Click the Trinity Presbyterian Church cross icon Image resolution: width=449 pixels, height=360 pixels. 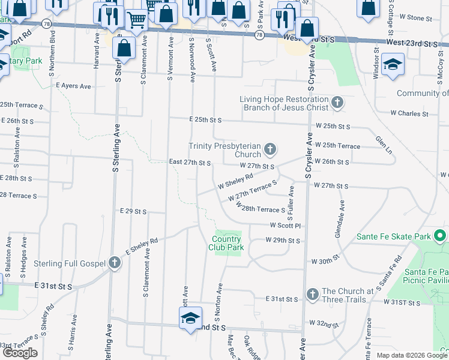tap(270, 149)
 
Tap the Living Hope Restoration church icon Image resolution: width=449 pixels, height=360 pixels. tap(337, 103)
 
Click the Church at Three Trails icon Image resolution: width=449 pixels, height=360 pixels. tap(312, 294)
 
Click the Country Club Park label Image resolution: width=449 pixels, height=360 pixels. tap(226, 243)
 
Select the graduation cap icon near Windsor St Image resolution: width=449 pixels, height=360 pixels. tap(393, 64)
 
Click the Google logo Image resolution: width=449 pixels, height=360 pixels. tap(20, 353)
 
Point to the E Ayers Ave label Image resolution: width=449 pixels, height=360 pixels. tap(73, 86)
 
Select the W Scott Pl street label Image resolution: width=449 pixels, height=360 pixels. tap(285, 226)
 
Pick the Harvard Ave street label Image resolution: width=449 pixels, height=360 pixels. tap(97, 51)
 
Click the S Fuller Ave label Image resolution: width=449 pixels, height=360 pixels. tap(291, 201)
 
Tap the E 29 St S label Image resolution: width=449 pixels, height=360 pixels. tap(133, 211)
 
